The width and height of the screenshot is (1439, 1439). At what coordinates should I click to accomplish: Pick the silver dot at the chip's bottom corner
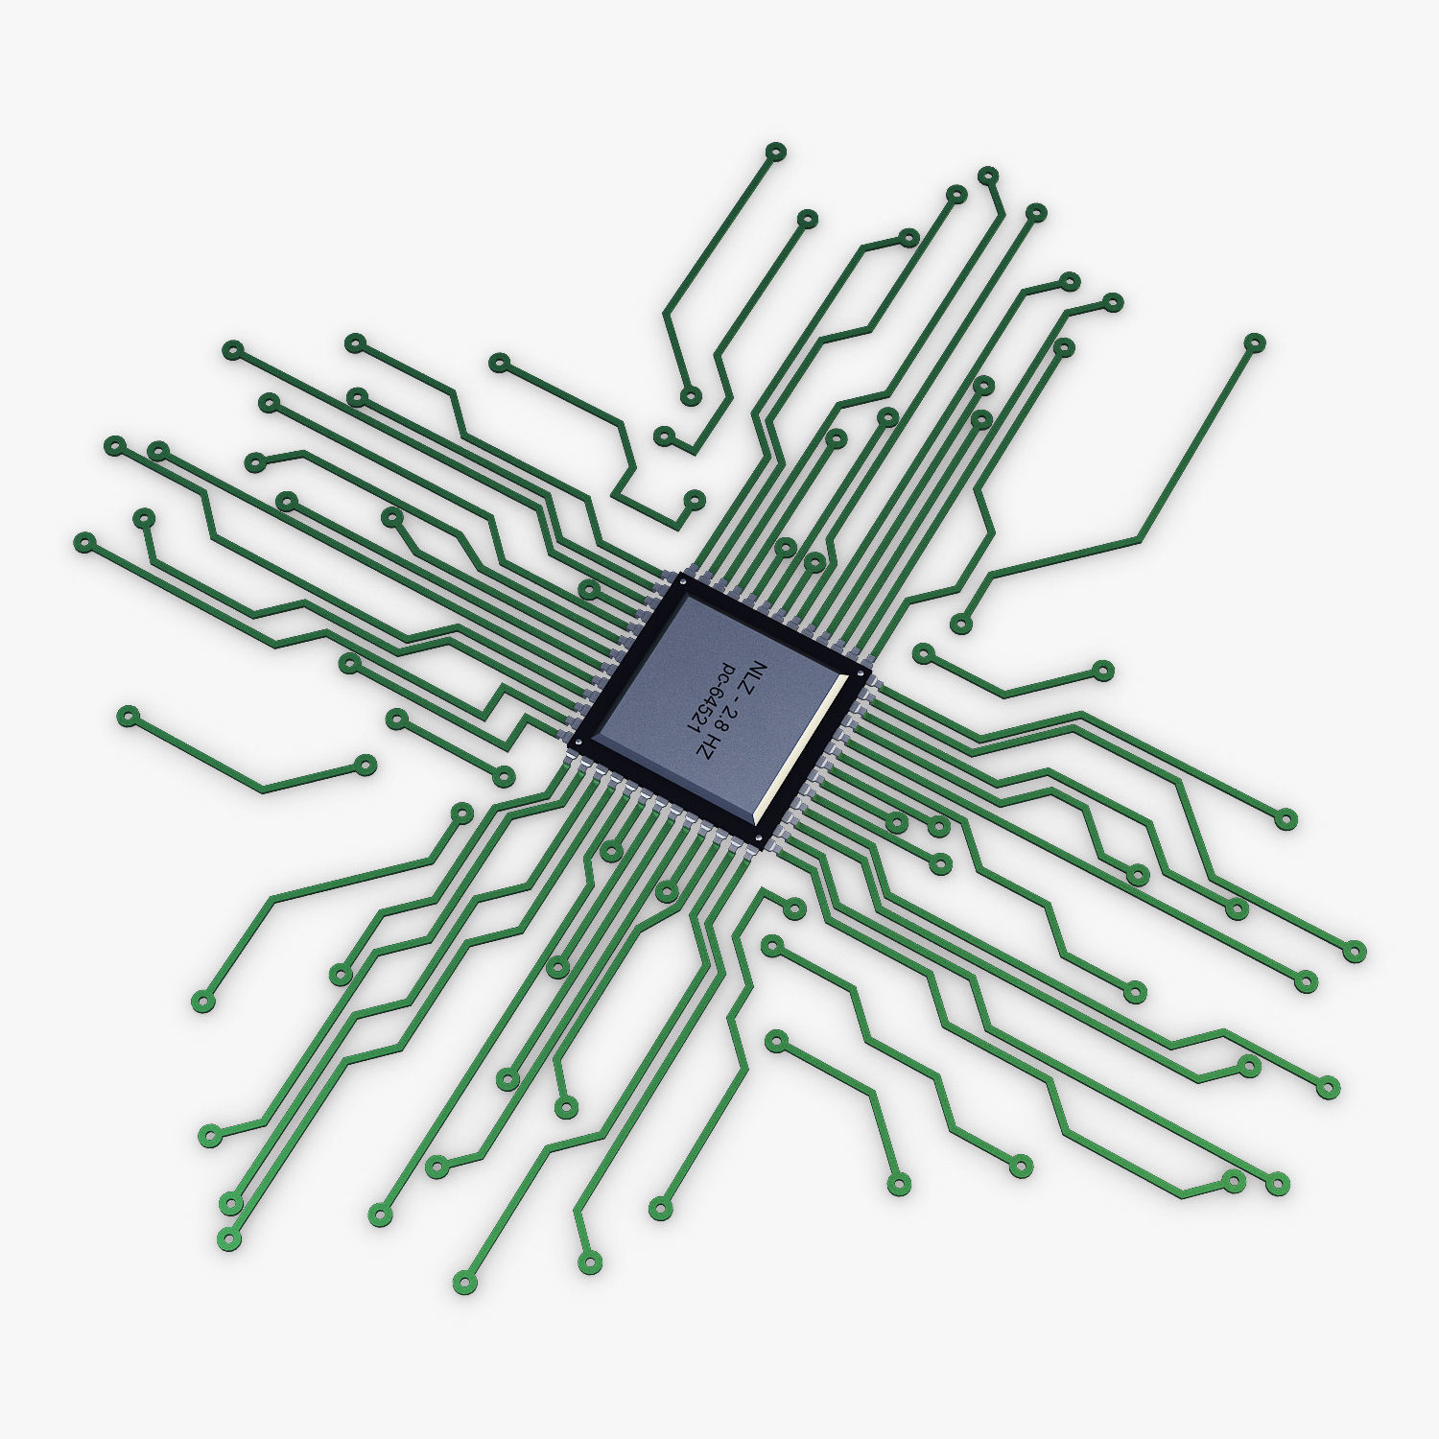pos(759,837)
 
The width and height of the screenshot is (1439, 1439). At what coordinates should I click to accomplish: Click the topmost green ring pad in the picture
pos(776,151)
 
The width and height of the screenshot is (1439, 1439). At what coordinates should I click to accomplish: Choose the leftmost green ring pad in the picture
pos(84,543)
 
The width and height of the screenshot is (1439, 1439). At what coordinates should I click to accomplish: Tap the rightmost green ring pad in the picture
pos(1354,951)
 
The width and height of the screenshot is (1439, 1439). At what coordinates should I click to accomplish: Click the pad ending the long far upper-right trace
pos(1254,342)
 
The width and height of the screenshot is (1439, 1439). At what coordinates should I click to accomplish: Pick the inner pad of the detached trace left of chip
pos(366,765)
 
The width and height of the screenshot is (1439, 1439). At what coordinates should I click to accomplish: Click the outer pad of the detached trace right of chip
pos(1103,670)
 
